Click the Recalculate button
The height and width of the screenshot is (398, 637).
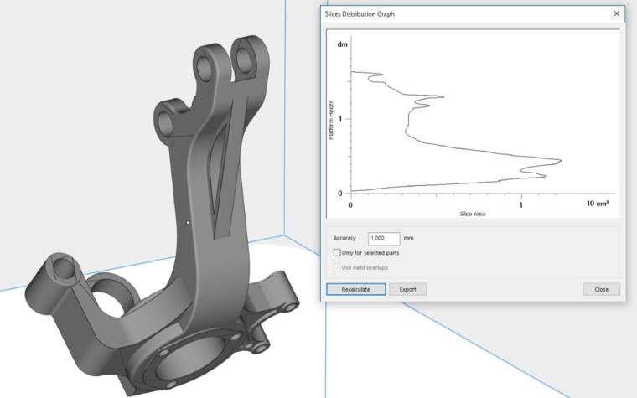coord(355,289)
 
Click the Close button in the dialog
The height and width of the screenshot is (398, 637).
coord(601,289)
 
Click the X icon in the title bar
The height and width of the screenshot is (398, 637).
coord(617,14)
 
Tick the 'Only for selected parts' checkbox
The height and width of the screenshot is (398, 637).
coord(337,252)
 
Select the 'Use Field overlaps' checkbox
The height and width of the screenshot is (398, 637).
coord(337,267)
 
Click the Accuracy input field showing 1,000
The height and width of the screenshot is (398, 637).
coord(383,238)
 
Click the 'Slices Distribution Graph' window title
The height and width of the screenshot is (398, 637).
coord(360,14)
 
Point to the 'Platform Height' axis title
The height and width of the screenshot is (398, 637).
coord(332,120)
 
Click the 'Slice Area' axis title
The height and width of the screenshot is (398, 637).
coord(473,215)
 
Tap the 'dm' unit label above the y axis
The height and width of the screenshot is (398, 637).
coord(342,44)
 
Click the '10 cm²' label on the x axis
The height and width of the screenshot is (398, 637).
coord(597,204)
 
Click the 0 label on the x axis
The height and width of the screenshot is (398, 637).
coord(350,204)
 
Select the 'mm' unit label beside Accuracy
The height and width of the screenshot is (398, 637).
coord(408,238)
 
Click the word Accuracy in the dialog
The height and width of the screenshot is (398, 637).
coord(344,238)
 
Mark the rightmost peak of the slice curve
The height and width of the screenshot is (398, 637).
coord(560,160)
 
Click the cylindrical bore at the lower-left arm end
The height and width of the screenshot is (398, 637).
coord(63,268)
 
